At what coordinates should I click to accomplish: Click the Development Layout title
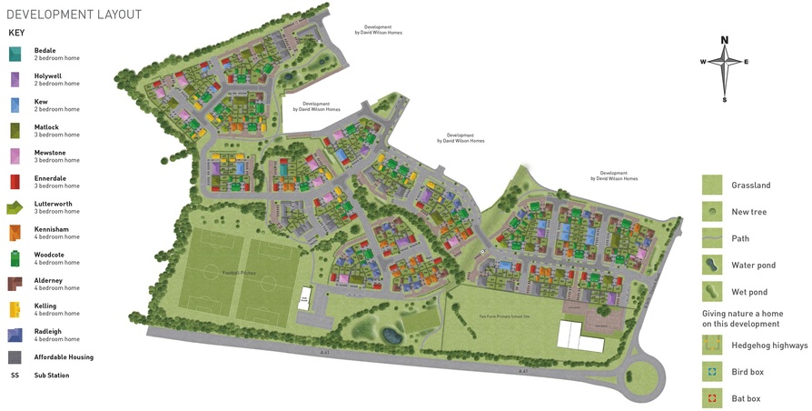pyautogui.click(x=74, y=15)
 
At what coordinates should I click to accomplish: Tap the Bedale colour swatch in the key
pyautogui.click(x=15, y=55)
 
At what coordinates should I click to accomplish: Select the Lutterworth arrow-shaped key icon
pyautogui.click(x=15, y=208)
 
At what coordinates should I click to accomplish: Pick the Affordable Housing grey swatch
pyautogui.click(x=15, y=357)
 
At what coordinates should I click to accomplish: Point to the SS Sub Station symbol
pyautogui.click(x=15, y=376)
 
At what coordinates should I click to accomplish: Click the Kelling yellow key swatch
pyautogui.click(x=15, y=310)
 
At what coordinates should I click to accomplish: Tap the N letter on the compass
pyautogui.click(x=725, y=40)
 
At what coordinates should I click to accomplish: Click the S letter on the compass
pyautogui.click(x=725, y=100)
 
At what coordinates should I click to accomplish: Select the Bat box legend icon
pyautogui.click(x=712, y=398)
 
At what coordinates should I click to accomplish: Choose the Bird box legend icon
pyautogui.click(x=712, y=372)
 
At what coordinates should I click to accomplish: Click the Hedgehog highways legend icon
pyautogui.click(x=712, y=346)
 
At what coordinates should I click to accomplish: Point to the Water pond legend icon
pyautogui.click(x=712, y=266)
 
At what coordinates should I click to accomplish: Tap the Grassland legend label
pyautogui.click(x=751, y=185)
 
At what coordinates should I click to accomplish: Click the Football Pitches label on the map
pyautogui.click(x=239, y=273)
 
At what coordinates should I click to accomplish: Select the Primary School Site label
pyautogui.click(x=504, y=316)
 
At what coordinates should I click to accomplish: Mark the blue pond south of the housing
pyautogui.click(x=391, y=336)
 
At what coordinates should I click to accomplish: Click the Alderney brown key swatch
pyautogui.click(x=15, y=285)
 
